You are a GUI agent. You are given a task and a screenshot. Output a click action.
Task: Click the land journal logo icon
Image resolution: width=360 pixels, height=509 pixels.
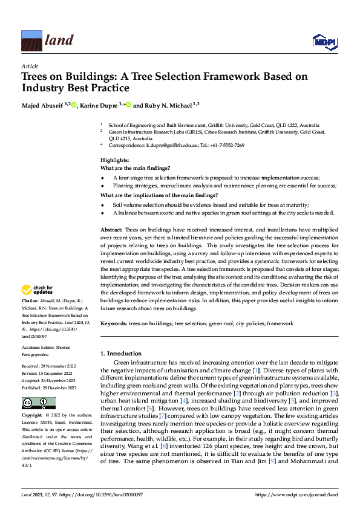[31, 41]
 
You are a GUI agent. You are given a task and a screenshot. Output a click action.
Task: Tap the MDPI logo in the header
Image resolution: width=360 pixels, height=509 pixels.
[324, 41]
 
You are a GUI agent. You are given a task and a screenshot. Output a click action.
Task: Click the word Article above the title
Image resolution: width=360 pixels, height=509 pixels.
[29, 65]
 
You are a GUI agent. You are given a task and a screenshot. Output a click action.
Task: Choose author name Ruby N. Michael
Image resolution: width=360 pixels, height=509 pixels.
[166, 106]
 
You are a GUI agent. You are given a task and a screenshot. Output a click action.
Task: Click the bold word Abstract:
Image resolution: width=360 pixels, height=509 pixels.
[111, 230]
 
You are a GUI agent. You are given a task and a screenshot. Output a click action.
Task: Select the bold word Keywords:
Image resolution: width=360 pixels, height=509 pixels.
[114, 325]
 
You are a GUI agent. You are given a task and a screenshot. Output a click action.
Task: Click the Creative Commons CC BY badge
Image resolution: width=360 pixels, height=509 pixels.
[38, 403]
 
